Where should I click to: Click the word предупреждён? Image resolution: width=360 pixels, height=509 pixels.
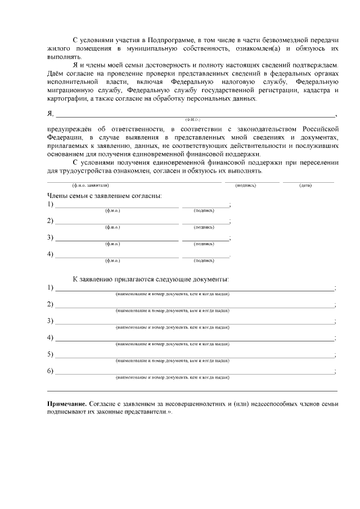[70, 129]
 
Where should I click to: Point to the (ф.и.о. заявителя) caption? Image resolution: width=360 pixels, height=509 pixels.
[90, 185]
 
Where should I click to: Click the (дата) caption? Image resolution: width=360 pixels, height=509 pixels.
[306, 185]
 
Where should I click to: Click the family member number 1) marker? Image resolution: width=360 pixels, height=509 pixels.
[51, 204]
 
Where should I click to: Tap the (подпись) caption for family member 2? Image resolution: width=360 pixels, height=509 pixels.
[203, 227]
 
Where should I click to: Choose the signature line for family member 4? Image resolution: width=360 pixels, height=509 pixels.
[205, 256]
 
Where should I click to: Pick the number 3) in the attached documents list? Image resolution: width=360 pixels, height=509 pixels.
[51, 321]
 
